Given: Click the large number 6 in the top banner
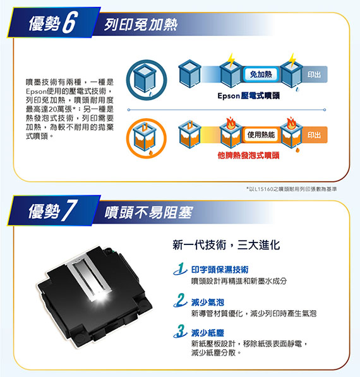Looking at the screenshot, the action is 69,22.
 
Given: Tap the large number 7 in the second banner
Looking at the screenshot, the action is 69,210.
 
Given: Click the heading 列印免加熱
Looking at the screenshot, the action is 141,25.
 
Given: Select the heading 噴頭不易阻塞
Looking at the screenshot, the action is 148,213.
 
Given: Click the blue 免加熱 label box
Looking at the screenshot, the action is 261,75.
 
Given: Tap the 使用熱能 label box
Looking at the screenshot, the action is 261,135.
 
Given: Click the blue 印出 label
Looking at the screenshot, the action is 315,75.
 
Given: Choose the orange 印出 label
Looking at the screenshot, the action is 315,135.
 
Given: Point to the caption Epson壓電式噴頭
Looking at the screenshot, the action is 249,96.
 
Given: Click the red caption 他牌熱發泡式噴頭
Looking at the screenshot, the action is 249,155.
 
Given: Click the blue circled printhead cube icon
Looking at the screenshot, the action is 147,80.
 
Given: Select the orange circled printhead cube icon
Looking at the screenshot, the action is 147,138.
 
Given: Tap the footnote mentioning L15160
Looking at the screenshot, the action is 291,189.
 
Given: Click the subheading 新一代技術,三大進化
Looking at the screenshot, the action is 226,245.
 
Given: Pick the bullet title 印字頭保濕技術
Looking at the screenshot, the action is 220,270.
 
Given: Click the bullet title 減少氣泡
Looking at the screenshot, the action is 208,302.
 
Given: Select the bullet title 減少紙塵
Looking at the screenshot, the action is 208,333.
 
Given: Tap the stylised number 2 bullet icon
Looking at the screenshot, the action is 180,300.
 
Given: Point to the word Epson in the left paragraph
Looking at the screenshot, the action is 36,92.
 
